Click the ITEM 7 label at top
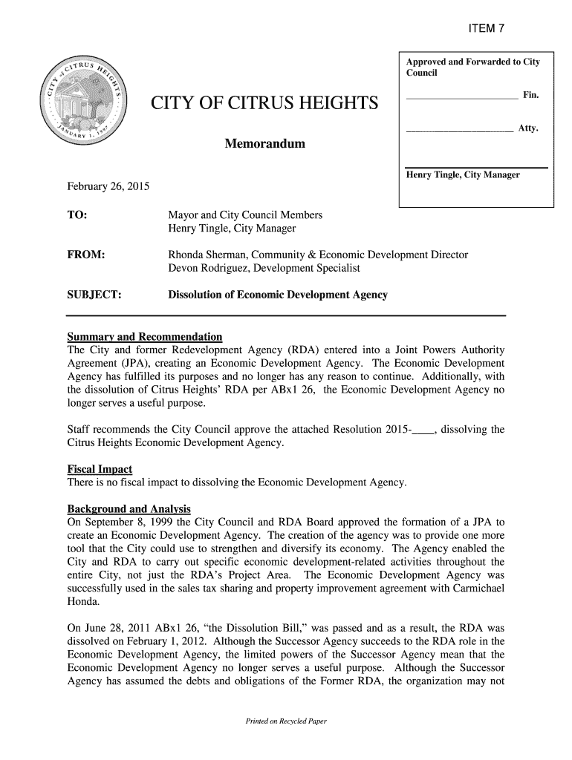pos(486,29)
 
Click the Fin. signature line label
pos(530,96)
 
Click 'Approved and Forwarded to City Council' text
pos(472,67)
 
